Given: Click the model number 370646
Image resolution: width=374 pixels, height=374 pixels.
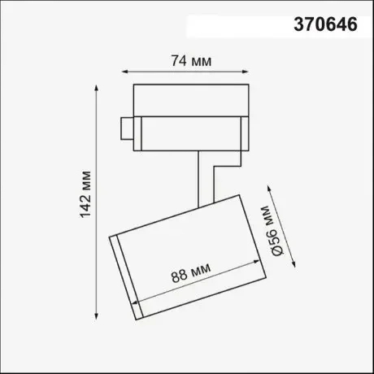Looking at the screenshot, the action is coord(325,24).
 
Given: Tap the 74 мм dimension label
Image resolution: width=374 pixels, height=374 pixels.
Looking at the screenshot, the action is coord(191,61).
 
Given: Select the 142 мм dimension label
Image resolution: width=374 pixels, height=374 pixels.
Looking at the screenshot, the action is coord(85,194).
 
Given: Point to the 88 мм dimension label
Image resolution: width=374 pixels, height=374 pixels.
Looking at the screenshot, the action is coord(191,272).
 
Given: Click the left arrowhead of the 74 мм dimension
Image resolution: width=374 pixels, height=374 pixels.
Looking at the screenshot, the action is coord(125,72).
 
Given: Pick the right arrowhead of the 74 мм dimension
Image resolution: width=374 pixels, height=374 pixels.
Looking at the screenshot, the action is coord(245,72).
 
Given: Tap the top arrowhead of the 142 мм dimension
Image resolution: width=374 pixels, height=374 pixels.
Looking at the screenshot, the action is coord(96,88).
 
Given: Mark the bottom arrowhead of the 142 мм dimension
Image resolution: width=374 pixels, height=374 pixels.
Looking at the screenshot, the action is coord(96,316).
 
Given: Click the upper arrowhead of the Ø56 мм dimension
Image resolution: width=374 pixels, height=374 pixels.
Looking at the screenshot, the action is coord(269,189).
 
